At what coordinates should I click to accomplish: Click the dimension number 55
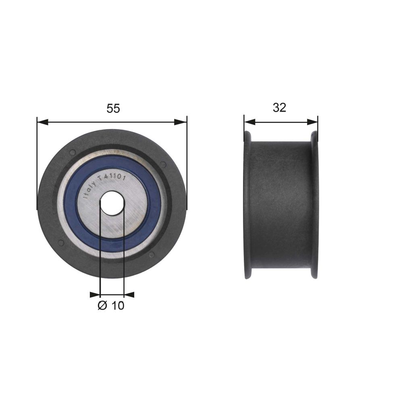(x=113, y=108)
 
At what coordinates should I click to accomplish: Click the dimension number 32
(x=279, y=108)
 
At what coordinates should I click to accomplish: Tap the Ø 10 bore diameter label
(x=111, y=305)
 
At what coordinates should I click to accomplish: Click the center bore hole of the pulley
(x=112, y=203)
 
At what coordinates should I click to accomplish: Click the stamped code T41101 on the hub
(x=112, y=176)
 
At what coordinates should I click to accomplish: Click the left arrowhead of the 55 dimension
(x=43, y=122)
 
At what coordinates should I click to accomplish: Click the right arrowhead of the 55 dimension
(x=181, y=122)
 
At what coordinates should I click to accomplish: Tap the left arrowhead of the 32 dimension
(x=249, y=122)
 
